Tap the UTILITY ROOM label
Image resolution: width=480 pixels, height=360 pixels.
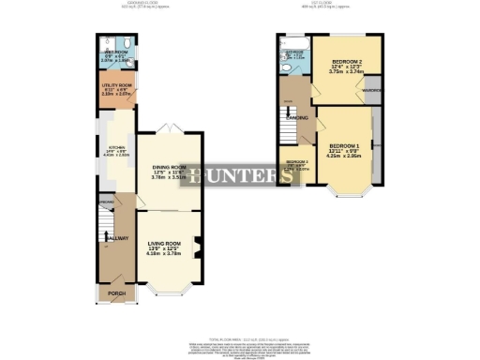(x=113, y=84)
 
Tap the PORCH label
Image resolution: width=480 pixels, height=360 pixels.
(x=115, y=292)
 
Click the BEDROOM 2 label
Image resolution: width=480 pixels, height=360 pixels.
(x=346, y=62)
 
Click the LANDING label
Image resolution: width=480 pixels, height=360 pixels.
(x=298, y=118)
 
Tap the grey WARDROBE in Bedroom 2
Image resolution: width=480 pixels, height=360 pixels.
(x=372, y=91)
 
